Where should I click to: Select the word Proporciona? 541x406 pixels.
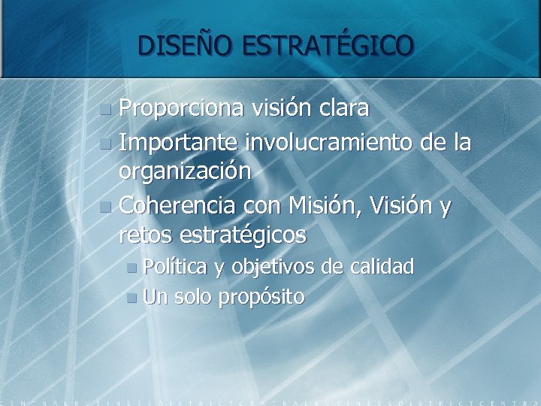[181, 109]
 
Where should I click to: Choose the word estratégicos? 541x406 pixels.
[243, 236]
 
